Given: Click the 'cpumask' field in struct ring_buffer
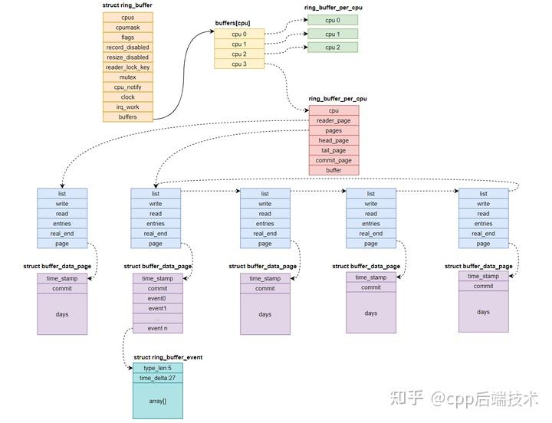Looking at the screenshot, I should click(x=127, y=27).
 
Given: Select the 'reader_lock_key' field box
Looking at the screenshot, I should click(x=127, y=67).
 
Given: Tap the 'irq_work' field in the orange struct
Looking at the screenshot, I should click(x=127, y=107).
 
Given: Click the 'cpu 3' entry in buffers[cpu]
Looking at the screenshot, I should click(x=240, y=64).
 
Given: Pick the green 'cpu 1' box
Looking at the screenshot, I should click(x=332, y=34).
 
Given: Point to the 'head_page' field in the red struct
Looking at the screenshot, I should click(x=333, y=140).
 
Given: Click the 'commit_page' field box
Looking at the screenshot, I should click(x=333, y=160).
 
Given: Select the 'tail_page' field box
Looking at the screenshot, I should click(x=333, y=150).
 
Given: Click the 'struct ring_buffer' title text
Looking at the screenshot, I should click(x=127, y=5).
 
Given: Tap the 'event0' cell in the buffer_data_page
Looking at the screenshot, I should click(x=156, y=298).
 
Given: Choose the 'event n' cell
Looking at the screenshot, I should click(x=156, y=328).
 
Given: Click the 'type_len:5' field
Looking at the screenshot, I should click(x=157, y=368).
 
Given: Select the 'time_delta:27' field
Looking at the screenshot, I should click(x=157, y=378).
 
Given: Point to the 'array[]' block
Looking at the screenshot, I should click(x=157, y=399).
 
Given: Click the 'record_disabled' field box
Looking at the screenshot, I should click(x=127, y=48).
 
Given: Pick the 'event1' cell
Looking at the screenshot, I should click(x=156, y=308).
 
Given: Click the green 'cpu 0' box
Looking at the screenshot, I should click(x=332, y=20).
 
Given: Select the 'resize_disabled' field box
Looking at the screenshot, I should click(x=127, y=57).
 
